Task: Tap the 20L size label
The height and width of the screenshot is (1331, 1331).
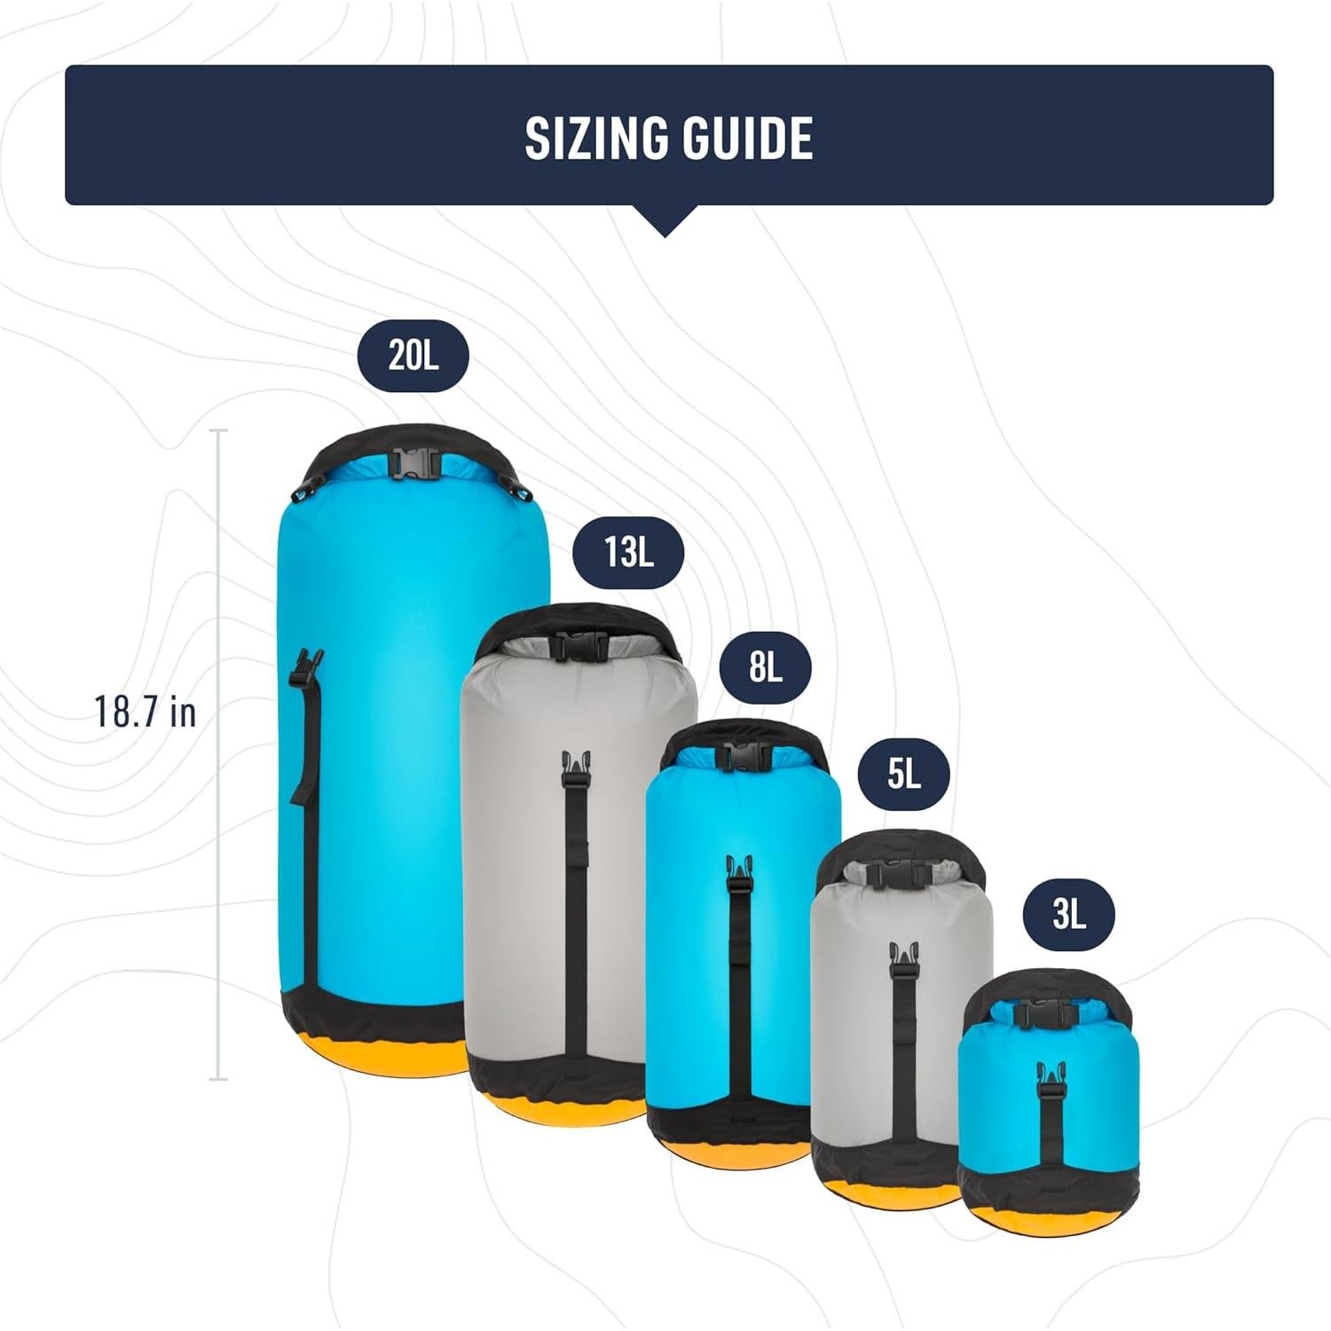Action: (x=413, y=355)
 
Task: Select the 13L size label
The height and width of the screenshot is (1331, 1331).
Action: (x=628, y=552)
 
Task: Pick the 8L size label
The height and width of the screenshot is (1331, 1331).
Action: (x=765, y=665)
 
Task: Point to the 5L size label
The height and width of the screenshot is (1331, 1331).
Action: (x=903, y=774)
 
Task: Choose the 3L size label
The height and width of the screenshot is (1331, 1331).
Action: (x=1068, y=913)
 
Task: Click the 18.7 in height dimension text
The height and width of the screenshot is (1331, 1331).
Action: (x=146, y=712)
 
